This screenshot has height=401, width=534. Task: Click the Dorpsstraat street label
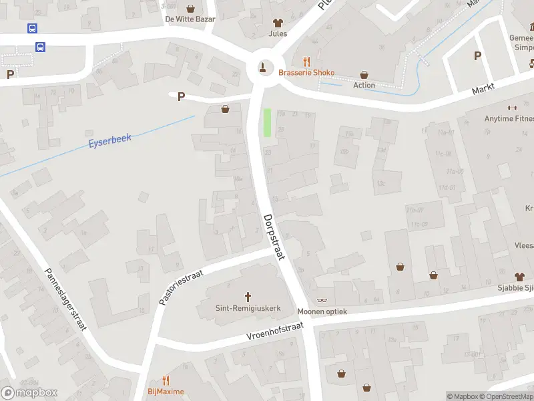(274, 237)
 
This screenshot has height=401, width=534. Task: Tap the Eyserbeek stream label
(111, 141)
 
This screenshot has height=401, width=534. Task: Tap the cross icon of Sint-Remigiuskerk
(248, 296)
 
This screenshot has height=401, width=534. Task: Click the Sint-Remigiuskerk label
(248, 309)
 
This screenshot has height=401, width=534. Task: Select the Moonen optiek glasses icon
(322, 300)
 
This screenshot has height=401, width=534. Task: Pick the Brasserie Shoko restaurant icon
(307, 60)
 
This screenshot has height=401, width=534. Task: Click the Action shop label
(364, 85)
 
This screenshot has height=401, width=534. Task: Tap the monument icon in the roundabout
(262, 67)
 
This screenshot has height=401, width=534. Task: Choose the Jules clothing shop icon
(278, 22)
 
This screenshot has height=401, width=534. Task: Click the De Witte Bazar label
(190, 19)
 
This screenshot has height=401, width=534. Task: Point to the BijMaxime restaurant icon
(166, 380)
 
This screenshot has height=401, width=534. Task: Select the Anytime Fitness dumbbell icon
(513, 108)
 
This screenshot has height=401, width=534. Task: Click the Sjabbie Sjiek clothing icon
(519, 276)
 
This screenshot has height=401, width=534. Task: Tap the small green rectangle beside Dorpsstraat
(268, 122)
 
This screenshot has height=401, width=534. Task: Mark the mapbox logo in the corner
(29, 393)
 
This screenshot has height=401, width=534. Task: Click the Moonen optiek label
(322, 312)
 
